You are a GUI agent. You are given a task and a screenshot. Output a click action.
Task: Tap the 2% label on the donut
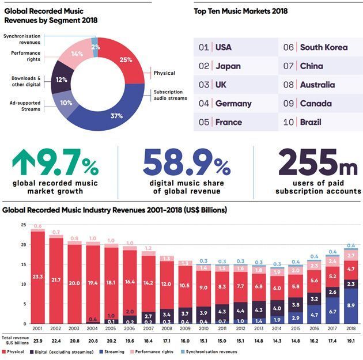95,47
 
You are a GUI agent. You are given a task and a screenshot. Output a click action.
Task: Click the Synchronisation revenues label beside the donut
22,39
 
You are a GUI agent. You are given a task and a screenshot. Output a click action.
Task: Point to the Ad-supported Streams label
26,106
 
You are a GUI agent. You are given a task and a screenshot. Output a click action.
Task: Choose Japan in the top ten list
228,66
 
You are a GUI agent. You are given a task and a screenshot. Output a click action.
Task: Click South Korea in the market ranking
323,47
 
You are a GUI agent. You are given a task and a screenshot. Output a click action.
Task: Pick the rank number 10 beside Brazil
289,122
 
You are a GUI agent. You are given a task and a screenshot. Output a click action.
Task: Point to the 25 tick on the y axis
24,225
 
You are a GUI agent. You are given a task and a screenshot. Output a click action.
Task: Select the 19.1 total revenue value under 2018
350,340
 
